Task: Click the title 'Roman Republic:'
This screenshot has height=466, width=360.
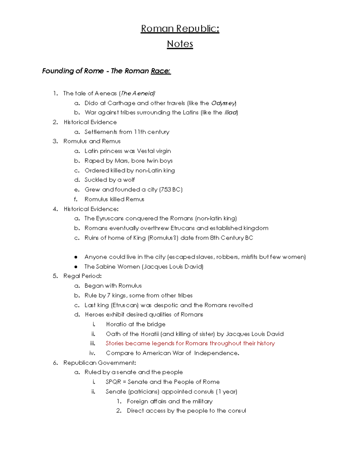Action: pyautogui.click(x=180, y=29)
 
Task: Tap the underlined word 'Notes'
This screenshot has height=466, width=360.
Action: pyautogui.click(x=180, y=44)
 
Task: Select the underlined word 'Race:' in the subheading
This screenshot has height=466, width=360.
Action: pyautogui.click(x=161, y=71)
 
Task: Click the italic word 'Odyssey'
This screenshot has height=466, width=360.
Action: pyautogui.click(x=223, y=103)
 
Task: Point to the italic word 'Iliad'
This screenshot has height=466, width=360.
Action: pyautogui.click(x=231, y=113)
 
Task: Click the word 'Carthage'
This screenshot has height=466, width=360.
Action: pyautogui.click(x=121, y=103)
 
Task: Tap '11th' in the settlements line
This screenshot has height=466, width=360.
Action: pyautogui.click(x=140, y=132)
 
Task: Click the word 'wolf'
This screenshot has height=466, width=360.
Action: pyautogui.click(x=129, y=180)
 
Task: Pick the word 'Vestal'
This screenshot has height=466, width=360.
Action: pyautogui.click(x=146, y=151)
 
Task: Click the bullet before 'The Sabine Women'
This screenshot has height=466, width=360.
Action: pyautogui.click(x=76, y=267)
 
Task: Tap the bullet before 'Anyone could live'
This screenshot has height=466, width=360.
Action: pyautogui.click(x=76, y=257)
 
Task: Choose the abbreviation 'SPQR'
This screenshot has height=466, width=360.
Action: pyautogui.click(x=113, y=382)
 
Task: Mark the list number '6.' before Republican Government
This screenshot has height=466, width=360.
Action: pyautogui.click(x=55, y=363)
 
